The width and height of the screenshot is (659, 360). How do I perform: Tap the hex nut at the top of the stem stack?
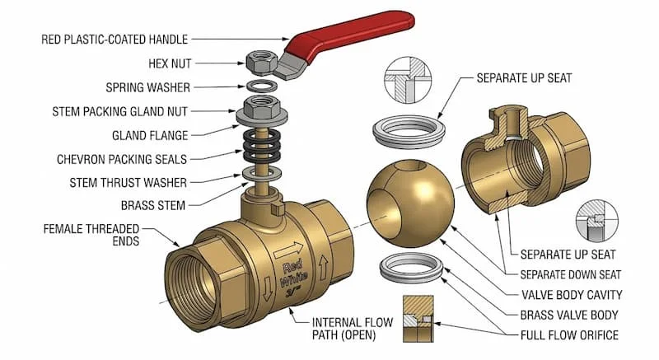pyautogui.click(x=259, y=60)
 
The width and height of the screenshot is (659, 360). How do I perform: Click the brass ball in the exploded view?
pyautogui.click(x=405, y=202)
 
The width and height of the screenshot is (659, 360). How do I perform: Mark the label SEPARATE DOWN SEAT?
pyautogui.click(x=571, y=274)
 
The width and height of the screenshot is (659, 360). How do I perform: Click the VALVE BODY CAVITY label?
pyautogui.click(x=572, y=295)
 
